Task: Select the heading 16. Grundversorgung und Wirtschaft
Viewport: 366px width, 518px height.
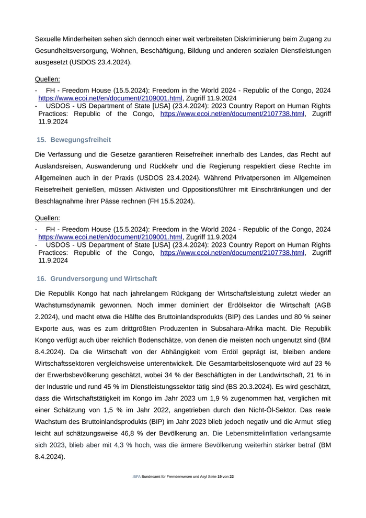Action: [x=97, y=278]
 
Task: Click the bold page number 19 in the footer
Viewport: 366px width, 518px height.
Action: [x=220, y=477]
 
